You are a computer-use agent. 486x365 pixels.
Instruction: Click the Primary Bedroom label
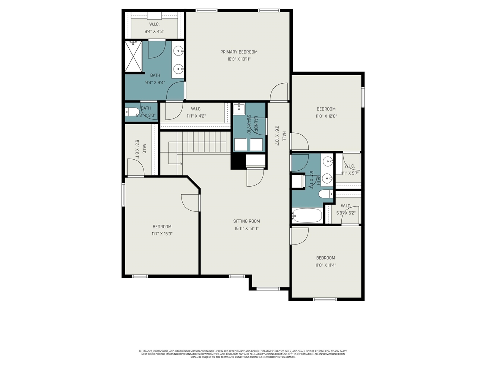coord(239,52)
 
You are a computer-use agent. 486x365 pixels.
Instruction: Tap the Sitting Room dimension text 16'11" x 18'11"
coord(246,229)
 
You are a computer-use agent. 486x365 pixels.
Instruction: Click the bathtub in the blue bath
coord(307,216)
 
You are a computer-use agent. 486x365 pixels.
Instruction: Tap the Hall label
coord(283,136)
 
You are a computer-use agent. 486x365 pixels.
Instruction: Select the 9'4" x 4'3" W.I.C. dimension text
coord(154,32)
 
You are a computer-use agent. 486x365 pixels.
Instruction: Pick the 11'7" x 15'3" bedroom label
coord(162,227)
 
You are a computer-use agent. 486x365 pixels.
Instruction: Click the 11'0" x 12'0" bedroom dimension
coord(326,116)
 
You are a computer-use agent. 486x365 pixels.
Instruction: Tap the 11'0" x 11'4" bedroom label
coord(325,258)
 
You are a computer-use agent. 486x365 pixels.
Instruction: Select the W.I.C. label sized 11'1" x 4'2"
coord(196,109)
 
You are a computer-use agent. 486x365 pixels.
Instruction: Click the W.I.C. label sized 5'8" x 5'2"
coord(346,206)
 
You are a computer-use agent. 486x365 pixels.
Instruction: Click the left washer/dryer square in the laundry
coord(240,144)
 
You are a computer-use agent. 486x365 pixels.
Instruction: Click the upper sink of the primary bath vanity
coord(178,50)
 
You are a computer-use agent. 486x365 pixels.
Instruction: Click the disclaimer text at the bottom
coord(243,354)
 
